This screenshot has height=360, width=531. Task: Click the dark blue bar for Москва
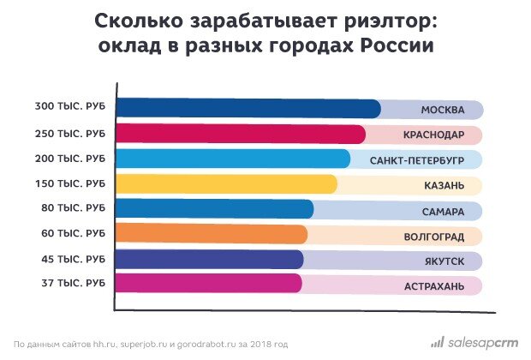point(248,109)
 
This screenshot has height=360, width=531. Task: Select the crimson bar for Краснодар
point(241,134)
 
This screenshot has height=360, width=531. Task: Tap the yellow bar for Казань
point(226,184)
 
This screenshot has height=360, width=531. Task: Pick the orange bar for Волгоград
point(211,234)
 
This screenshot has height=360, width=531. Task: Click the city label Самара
point(443,210)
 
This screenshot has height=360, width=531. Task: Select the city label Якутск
point(443,260)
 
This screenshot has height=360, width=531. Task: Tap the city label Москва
point(443,110)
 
